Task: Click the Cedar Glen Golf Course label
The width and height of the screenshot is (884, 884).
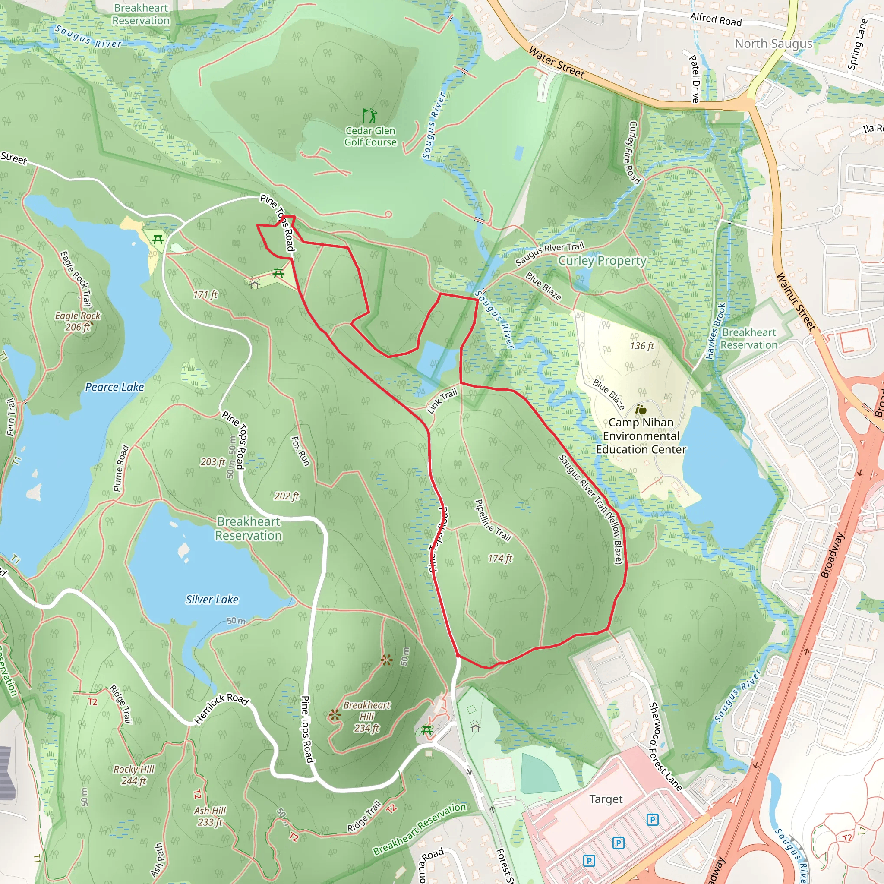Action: click(x=370, y=136)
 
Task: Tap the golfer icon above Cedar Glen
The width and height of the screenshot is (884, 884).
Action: click(x=370, y=115)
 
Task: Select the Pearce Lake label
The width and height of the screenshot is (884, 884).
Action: click(x=114, y=387)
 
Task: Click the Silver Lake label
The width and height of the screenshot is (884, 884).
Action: click(x=212, y=600)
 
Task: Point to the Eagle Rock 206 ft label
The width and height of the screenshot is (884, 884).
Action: click(x=78, y=321)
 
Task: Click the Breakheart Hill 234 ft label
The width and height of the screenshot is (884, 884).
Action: click(x=366, y=717)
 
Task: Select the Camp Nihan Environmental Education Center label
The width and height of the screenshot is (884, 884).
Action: click(x=641, y=436)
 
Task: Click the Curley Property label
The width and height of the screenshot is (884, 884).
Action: click(x=602, y=261)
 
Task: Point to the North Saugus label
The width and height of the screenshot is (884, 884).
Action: click(x=773, y=44)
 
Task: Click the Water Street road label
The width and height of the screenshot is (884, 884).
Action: click(x=556, y=62)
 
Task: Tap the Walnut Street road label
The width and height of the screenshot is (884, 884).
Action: click(x=796, y=302)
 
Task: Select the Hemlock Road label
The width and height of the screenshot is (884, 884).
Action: click(x=221, y=708)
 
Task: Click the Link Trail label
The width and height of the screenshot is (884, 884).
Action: click(x=442, y=401)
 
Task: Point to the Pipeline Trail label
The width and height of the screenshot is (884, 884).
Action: click(x=493, y=521)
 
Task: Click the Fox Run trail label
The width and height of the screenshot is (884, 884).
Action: click(x=300, y=451)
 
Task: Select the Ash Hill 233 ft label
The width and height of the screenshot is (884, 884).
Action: click(x=210, y=816)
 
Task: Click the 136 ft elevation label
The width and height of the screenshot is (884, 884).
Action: click(x=642, y=346)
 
